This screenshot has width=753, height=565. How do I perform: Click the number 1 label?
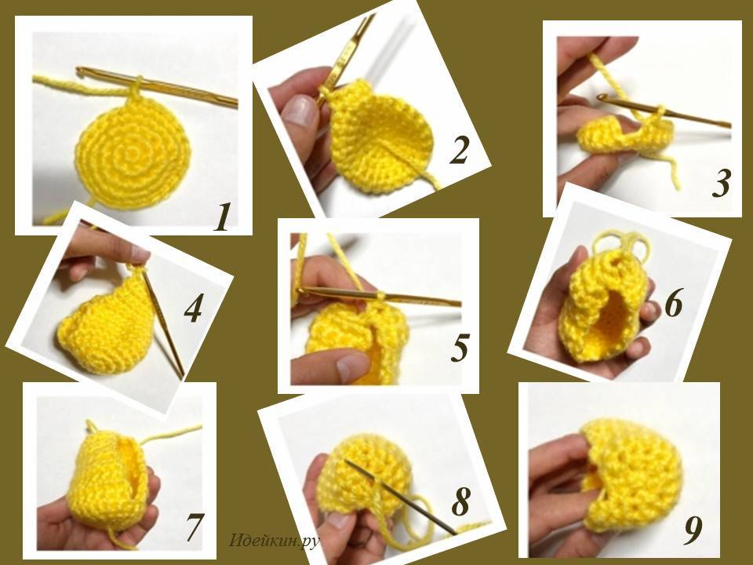coord(222,217)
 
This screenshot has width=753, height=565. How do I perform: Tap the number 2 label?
coord(458,151)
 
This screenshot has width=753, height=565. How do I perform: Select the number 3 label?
coord(721,184)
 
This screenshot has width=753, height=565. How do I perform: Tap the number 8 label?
coord(460,501)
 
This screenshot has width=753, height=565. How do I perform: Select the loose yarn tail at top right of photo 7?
coord(172,433)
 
